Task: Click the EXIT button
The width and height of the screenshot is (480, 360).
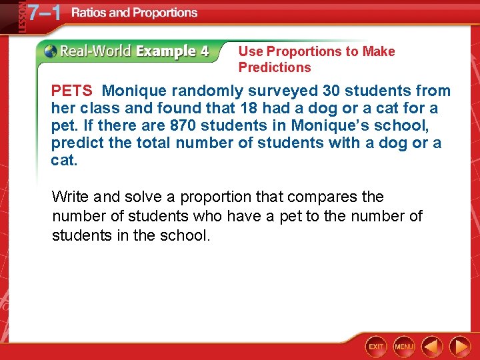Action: (376, 347)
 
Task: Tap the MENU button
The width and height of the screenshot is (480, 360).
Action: (404, 347)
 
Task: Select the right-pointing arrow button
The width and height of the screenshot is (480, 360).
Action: (459, 347)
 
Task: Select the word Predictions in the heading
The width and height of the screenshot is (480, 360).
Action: (275, 67)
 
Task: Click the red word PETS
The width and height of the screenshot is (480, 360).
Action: (71, 91)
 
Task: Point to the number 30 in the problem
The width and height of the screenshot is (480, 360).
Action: (333, 91)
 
